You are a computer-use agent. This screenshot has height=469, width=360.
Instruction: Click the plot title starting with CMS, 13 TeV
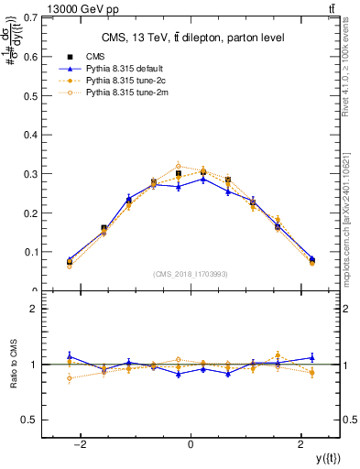(190, 38)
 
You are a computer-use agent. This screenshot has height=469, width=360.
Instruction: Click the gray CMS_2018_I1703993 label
(190, 274)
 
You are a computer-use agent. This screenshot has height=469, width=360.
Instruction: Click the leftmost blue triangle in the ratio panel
(70, 355)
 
